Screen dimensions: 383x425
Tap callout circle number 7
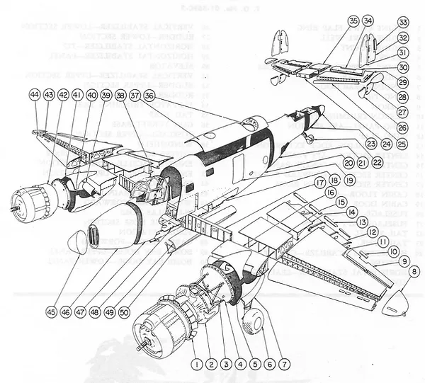285,363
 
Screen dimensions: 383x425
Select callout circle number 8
414,270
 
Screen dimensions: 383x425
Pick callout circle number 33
403,22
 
